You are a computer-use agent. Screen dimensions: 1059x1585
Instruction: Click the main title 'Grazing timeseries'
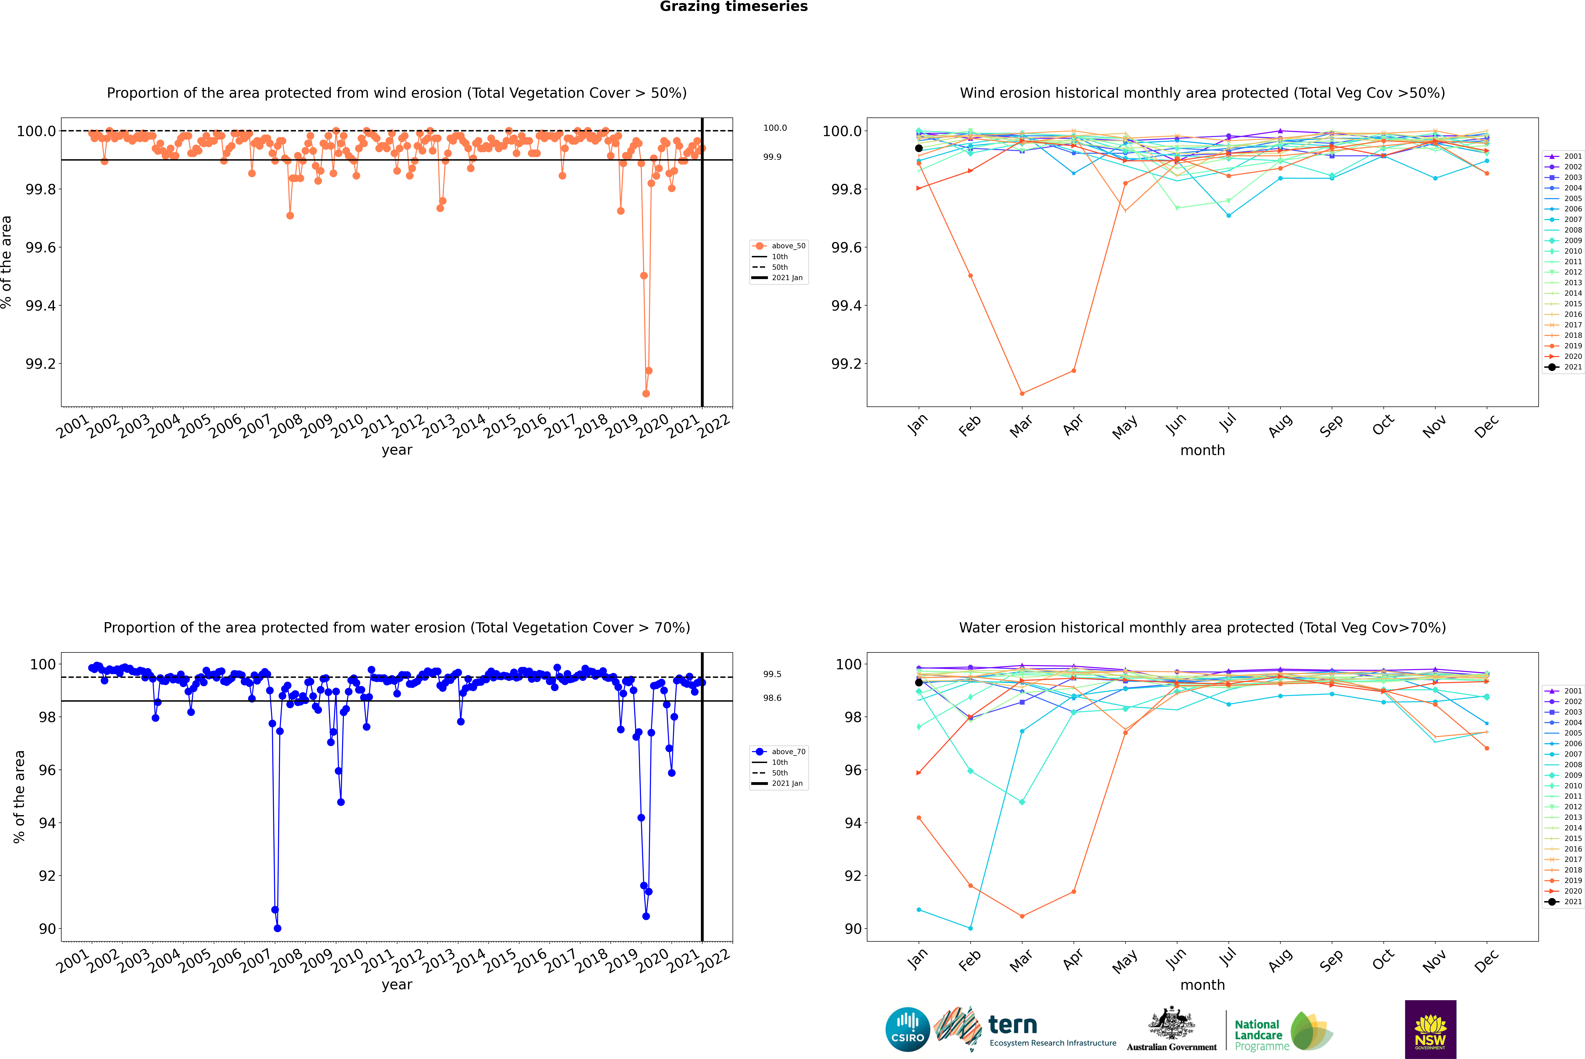(x=734, y=7)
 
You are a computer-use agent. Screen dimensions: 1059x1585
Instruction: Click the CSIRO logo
(x=907, y=1029)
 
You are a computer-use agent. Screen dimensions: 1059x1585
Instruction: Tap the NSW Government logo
(x=1430, y=1029)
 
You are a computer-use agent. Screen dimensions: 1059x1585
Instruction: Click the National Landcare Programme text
(x=1258, y=1035)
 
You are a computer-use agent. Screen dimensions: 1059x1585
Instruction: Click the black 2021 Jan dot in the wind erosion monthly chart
(x=919, y=148)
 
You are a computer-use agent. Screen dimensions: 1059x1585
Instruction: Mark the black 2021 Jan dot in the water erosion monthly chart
(x=919, y=682)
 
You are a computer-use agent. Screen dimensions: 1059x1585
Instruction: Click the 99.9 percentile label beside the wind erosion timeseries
(x=772, y=157)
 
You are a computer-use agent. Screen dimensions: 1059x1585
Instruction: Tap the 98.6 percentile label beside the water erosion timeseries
(x=772, y=698)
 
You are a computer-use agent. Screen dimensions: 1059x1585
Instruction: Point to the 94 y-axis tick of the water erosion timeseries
(x=47, y=823)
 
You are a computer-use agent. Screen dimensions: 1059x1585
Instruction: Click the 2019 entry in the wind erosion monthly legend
(x=1572, y=346)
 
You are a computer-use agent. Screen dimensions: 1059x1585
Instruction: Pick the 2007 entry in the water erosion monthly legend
(x=1572, y=754)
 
